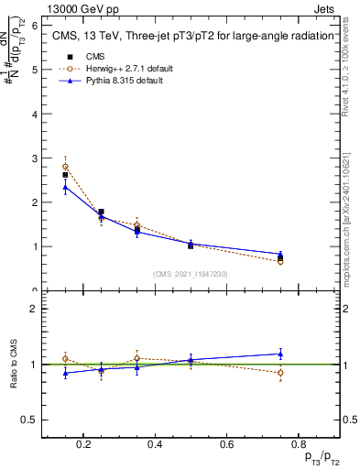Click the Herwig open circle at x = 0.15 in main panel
[65, 167]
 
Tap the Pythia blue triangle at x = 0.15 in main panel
[65, 187]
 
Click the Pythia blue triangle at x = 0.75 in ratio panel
[280, 354]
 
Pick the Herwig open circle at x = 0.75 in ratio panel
[280, 373]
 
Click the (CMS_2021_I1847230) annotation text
[191, 274]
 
